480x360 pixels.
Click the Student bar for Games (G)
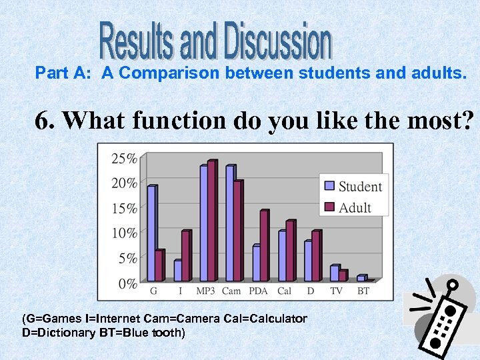(151, 233)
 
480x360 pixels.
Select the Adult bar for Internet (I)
(186, 256)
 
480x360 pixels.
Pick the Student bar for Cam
(230, 223)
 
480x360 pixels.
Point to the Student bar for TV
(335, 273)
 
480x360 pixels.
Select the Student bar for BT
(361, 278)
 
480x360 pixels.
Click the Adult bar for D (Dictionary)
(316, 256)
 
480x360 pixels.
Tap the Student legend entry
(352, 187)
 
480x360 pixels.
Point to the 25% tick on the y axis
(125, 159)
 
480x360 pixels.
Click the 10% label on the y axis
(125, 233)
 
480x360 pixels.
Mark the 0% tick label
(127, 283)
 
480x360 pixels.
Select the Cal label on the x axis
(285, 291)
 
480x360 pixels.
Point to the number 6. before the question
(46, 121)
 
